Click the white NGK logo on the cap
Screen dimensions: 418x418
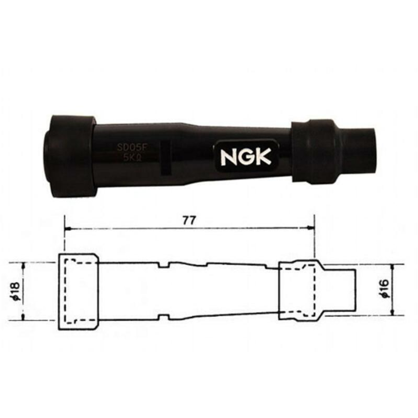pyautogui.click(x=246, y=157)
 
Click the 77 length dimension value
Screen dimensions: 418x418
pyautogui.click(x=189, y=220)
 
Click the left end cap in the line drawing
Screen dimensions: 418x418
pyautogui.click(x=78, y=292)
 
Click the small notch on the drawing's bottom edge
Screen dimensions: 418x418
pyautogui.click(x=164, y=316)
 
